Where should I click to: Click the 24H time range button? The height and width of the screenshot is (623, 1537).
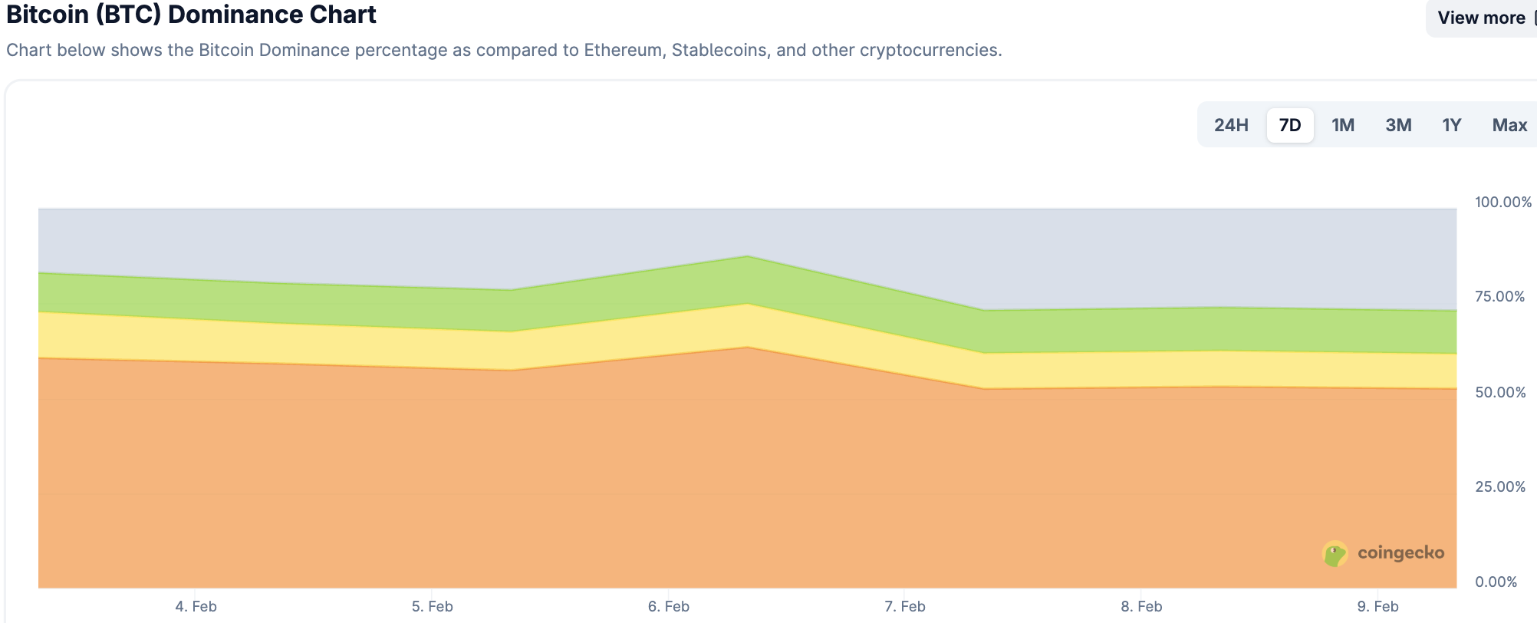click(1231, 125)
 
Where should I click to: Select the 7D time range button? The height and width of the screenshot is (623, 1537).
click(1290, 125)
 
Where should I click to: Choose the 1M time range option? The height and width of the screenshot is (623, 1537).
click(1343, 125)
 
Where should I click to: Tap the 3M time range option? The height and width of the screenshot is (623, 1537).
click(1398, 125)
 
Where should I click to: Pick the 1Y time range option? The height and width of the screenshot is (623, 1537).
click(1452, 125)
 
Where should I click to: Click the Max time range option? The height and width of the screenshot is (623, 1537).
click(1509, 125)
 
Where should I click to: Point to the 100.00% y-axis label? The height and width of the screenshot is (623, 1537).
click(1503, 202)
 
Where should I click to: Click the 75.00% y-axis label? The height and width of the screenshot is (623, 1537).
click(1500, 297)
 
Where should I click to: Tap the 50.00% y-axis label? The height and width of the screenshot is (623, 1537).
click(1500, 392)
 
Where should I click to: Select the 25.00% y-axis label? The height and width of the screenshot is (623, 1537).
click(1500, 486)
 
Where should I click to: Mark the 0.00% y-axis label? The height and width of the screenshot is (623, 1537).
click(1496, 582)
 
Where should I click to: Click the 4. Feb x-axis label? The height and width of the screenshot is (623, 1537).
click(196, 606)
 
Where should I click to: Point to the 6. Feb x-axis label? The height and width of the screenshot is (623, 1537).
click(669, 606)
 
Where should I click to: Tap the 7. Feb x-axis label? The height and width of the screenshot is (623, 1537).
click(905, 606)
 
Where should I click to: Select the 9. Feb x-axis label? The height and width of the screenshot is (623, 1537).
click(1377, 606)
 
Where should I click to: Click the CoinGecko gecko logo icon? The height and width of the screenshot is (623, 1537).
click(1335, 553)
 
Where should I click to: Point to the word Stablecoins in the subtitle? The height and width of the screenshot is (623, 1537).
click(719, 51)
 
